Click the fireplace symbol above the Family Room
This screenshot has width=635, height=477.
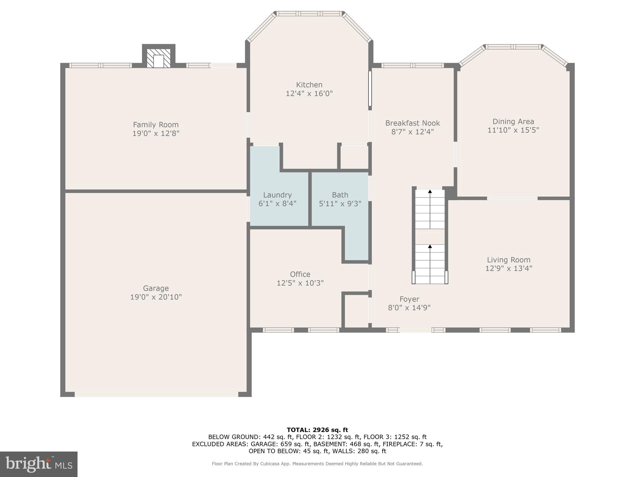click(158, 58)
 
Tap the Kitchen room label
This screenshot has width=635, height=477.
click(309, 85)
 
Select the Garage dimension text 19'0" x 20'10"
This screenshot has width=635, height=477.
click(156, 297)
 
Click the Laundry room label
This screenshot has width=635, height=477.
click(277, 195)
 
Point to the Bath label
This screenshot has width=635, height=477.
click(340, 195)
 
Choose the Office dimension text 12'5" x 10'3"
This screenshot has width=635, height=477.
click(300, 283)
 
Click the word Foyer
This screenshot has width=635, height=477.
click(409, 299)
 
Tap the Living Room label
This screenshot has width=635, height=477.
click(508, 260)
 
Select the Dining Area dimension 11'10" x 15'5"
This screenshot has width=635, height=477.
click(513, 130)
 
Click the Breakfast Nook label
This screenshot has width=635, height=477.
click(412, 123)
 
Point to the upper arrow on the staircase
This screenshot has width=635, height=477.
click(430, 192)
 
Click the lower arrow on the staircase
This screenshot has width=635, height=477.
click(430, 247)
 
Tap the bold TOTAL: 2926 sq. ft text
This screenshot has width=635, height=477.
click(317, 430)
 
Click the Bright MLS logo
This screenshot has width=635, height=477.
click(38, 464)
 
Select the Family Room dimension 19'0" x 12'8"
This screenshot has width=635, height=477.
click(156, 134)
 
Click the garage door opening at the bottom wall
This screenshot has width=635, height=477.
click(156, 394)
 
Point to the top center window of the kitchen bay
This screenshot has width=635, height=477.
click(309, 14)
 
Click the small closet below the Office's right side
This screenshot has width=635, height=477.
click(356, 311)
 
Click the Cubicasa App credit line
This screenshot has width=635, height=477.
click(317, 464)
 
